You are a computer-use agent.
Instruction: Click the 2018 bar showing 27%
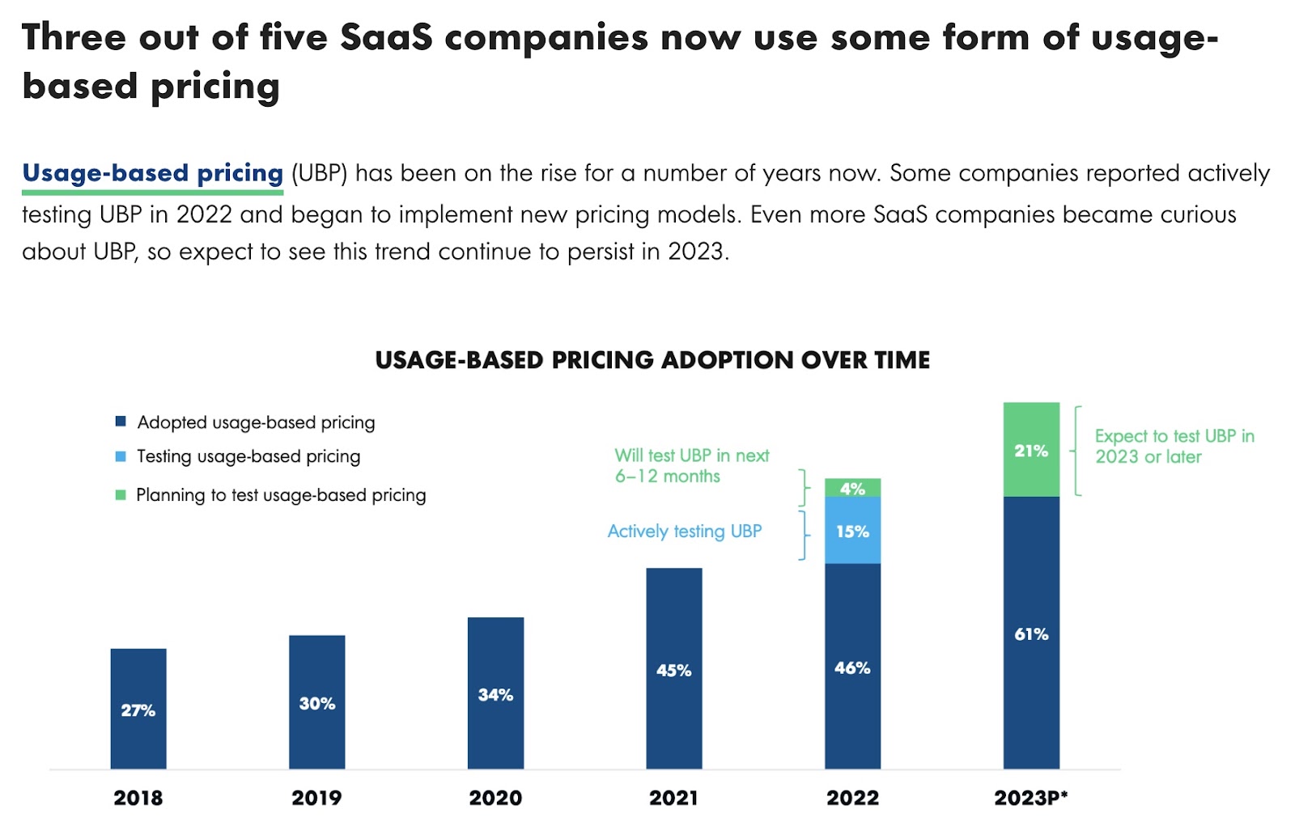click(x=138, y=708)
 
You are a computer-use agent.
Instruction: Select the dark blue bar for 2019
click(x=316, y=701)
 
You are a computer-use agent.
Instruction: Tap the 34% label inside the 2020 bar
click(x=495, y=694)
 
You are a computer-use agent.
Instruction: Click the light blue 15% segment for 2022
click(x=852, y=531)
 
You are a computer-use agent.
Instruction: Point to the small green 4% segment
click(x=852, y=488)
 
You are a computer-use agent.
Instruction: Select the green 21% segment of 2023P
click(x=1031, y=450)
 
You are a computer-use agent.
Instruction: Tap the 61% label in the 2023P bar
click(x=1031, y=633)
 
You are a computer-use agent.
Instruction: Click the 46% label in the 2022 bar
click(x=852, y=667)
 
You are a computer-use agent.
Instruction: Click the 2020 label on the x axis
click(x=495, y=798)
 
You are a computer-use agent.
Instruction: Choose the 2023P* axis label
click(x=1031, y=798)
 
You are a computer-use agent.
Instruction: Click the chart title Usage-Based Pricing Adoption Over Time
click(x=652, y=360)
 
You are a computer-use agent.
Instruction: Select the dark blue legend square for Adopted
click(x=121, y=422)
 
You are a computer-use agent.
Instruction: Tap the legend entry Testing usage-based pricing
click(x=248, y=456)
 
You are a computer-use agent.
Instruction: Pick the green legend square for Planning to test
click(x=121, y=494)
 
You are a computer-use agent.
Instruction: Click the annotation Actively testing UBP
click(x=685, y=532)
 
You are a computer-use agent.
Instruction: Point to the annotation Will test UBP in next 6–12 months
click(x=691, y=466)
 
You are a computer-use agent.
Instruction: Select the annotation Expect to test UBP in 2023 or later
click(x=1174, y=447)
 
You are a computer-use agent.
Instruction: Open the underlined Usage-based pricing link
click(x=152, y=173)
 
